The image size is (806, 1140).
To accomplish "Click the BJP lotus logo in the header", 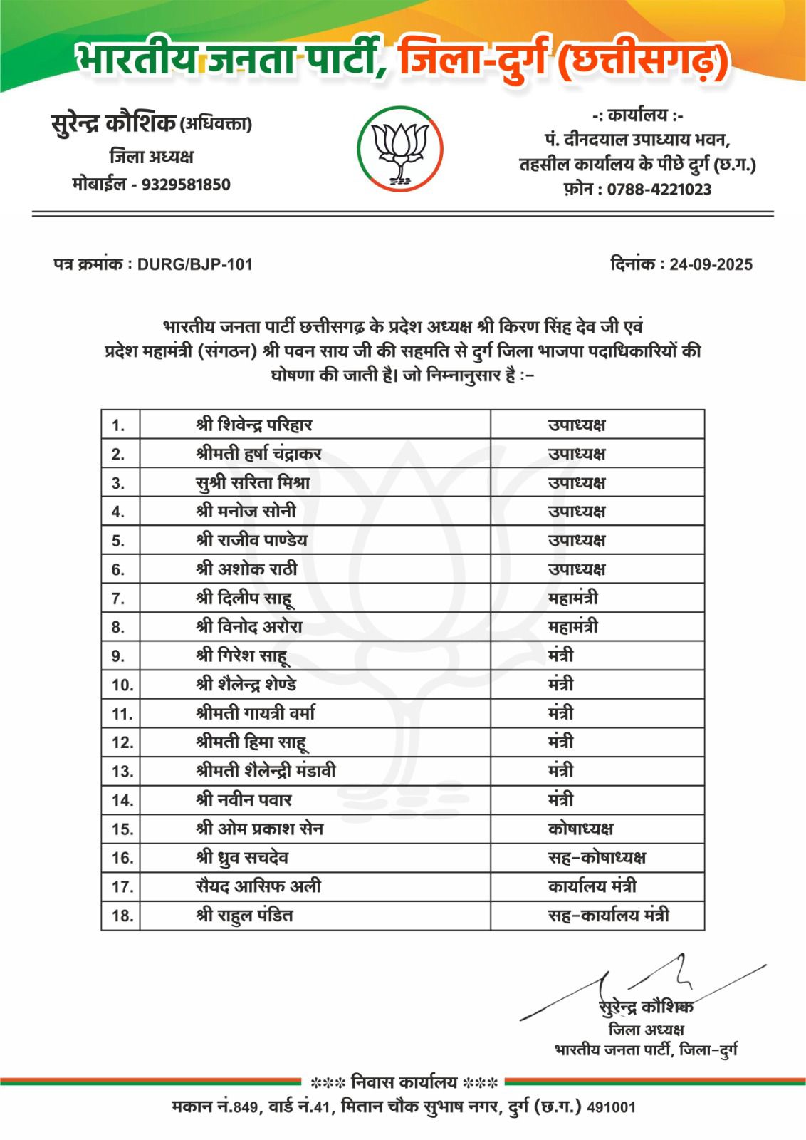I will click(400, 149).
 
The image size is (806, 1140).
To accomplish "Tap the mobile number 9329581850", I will click(186, 185).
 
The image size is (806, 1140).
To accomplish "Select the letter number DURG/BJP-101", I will click(194, 264).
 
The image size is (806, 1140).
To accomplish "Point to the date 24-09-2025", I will click(711, 264).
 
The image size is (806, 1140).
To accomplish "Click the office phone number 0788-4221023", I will click(659, 190).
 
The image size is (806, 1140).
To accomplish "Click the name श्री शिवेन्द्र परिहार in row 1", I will click(254, 425).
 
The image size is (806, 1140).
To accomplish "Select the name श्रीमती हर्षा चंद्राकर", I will click(258, 454).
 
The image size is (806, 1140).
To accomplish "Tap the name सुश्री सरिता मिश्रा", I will click(253, 483).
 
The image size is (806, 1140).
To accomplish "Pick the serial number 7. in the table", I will click(118, 599).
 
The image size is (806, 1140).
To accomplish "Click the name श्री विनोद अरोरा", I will click(249, 627).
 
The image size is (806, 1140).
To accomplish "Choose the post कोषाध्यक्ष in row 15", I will click(580, 829).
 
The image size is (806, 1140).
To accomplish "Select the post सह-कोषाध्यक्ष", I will click(597, 858).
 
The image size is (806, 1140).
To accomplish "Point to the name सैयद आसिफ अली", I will click(258, 886).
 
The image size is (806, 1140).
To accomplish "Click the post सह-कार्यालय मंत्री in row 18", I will click(608, 916).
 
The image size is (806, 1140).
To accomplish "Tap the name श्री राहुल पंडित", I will click(244, 916).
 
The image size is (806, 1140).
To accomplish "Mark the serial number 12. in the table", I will click(122, 743).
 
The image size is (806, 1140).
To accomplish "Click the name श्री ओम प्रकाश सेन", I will click(259, 829).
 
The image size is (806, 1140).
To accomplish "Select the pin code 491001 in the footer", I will click(611, 1107).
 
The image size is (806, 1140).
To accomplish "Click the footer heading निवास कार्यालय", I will click(404, 1082).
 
